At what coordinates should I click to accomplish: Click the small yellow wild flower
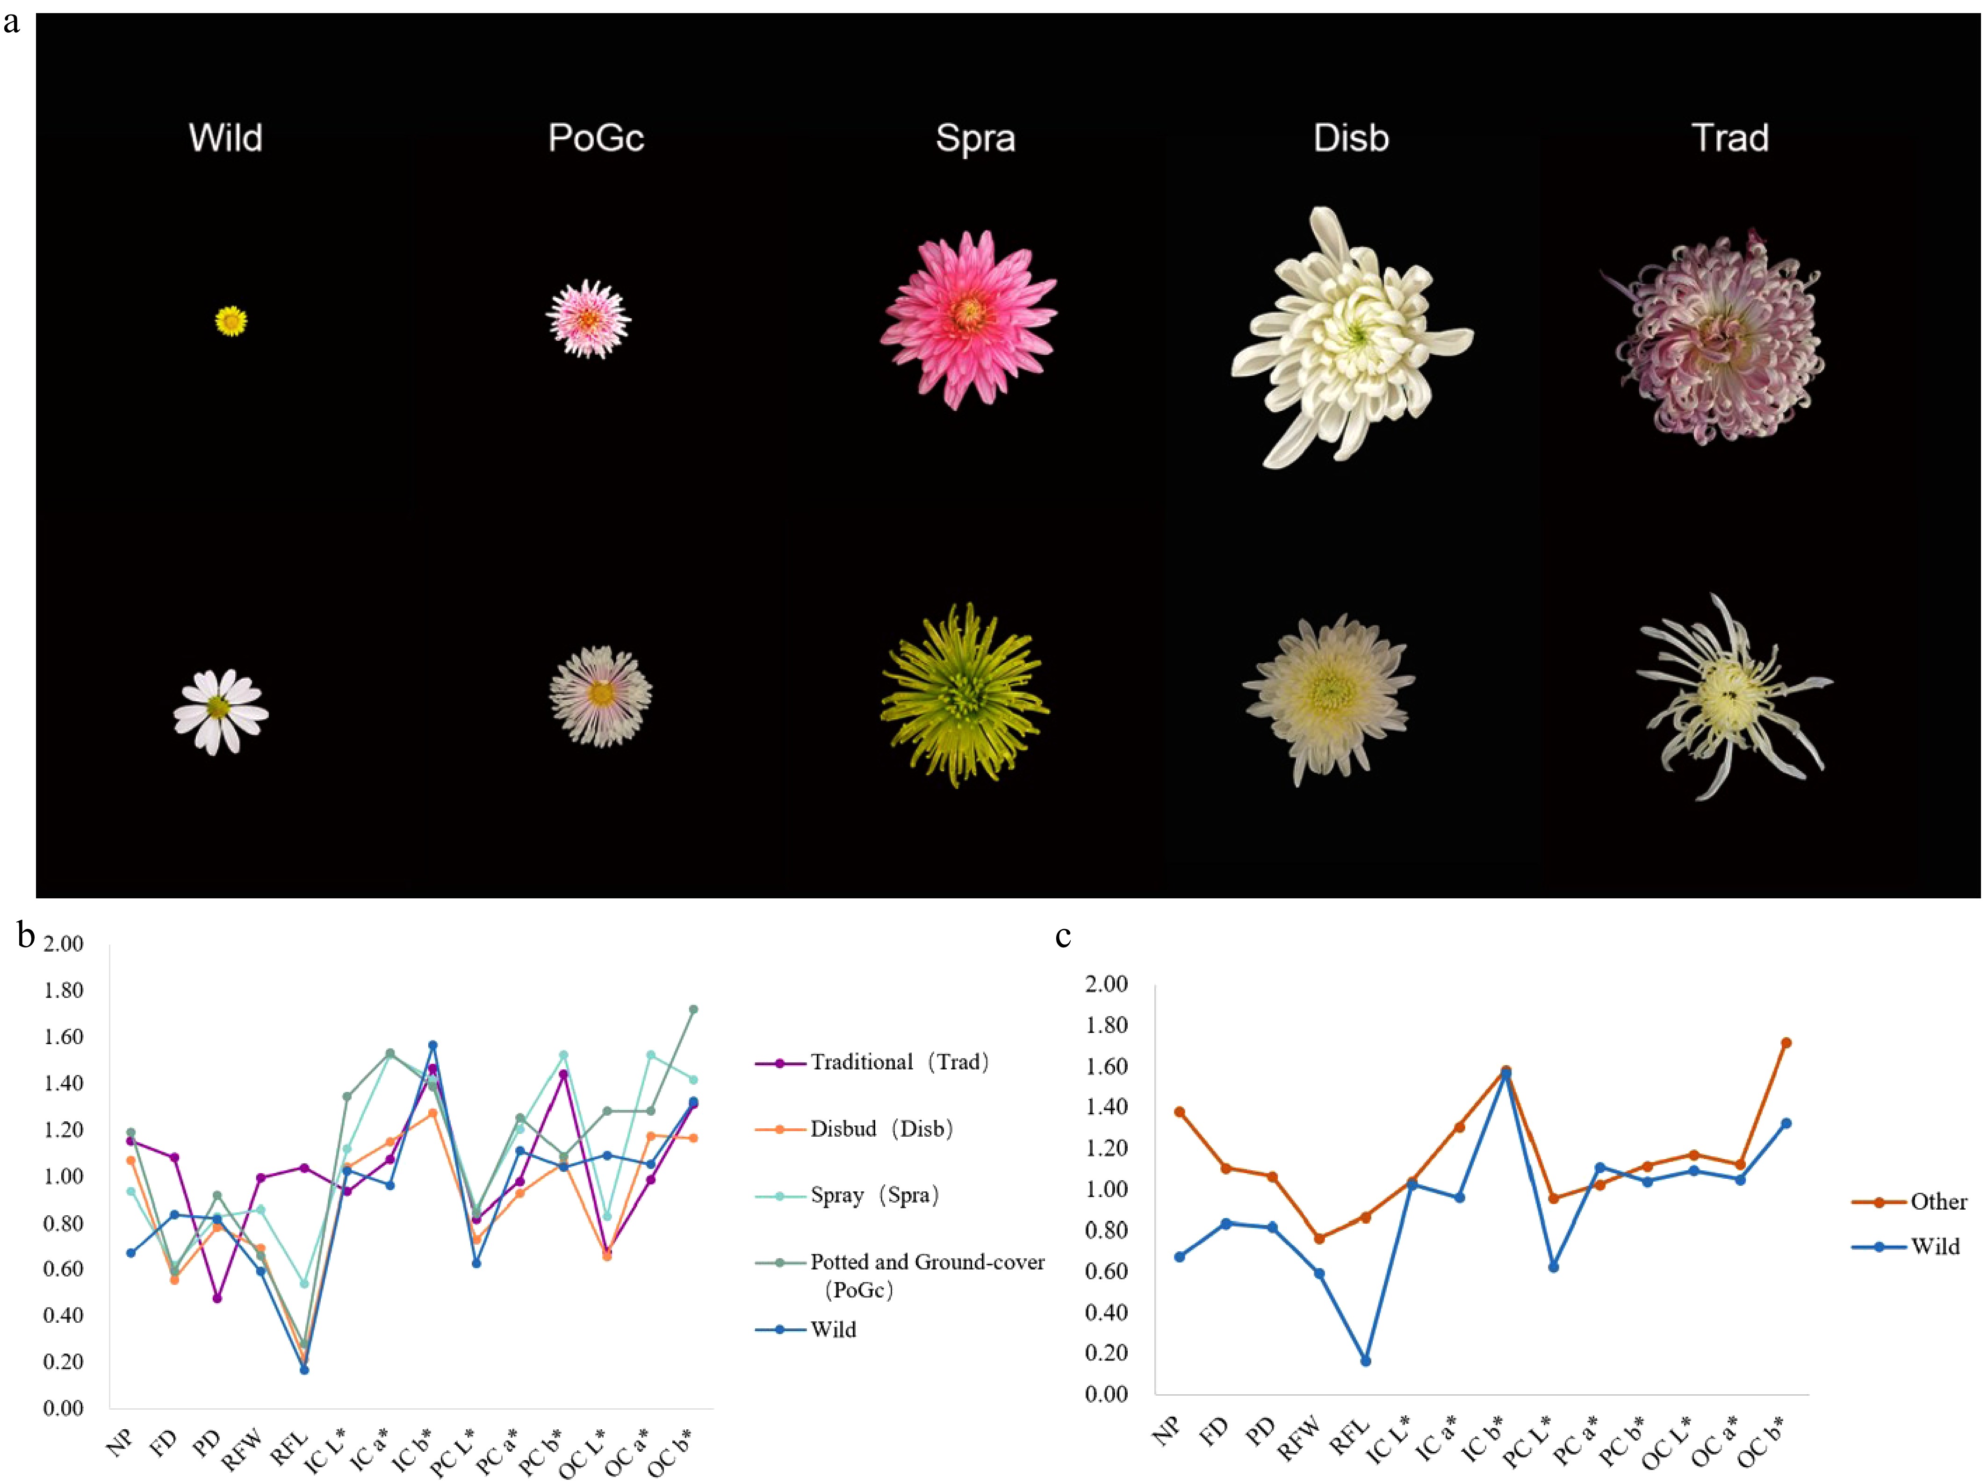[x=231, y=321]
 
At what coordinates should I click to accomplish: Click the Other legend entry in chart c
[x=1938, y=1202]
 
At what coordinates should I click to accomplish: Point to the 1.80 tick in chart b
[x=63, y=990]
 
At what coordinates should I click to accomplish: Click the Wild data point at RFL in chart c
[x=1365, y=1361]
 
